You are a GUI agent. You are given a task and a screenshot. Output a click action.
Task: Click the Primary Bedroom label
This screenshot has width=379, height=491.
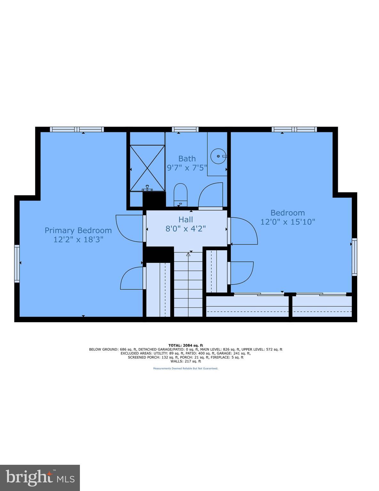tap(78, 230)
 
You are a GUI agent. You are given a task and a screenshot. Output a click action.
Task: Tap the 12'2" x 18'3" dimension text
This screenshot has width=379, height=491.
tap(78, 239)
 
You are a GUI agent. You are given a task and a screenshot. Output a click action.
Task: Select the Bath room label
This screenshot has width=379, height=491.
tap(187, 159)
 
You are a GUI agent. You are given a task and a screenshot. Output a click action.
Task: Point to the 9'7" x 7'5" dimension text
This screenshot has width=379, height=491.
tap(187, 167)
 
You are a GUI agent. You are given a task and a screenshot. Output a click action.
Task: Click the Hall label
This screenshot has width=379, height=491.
tap(186, 220)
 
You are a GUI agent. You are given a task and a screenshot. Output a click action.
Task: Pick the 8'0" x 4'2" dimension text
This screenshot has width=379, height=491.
tap(186, 229)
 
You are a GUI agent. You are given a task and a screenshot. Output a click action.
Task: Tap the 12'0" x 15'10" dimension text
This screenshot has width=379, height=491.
tap(288, 222)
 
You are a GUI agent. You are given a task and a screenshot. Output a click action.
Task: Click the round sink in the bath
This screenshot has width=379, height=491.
tap(218, 156)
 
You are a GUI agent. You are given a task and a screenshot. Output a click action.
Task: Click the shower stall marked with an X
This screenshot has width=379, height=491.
tap(147, 168)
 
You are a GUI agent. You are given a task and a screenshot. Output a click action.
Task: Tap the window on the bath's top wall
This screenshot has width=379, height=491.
tap(185, 129)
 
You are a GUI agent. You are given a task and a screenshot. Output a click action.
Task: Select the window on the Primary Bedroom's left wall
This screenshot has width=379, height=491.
tap(17, 263)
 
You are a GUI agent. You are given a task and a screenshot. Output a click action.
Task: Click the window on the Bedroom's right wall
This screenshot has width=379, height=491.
tap(354, 257)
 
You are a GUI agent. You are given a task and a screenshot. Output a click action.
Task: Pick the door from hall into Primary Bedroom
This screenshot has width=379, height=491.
tap(129, 228)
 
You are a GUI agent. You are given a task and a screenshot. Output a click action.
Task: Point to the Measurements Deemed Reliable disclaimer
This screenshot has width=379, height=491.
tap(186, 369)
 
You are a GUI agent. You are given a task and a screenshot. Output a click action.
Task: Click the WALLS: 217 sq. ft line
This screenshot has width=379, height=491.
tap(186, 361)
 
